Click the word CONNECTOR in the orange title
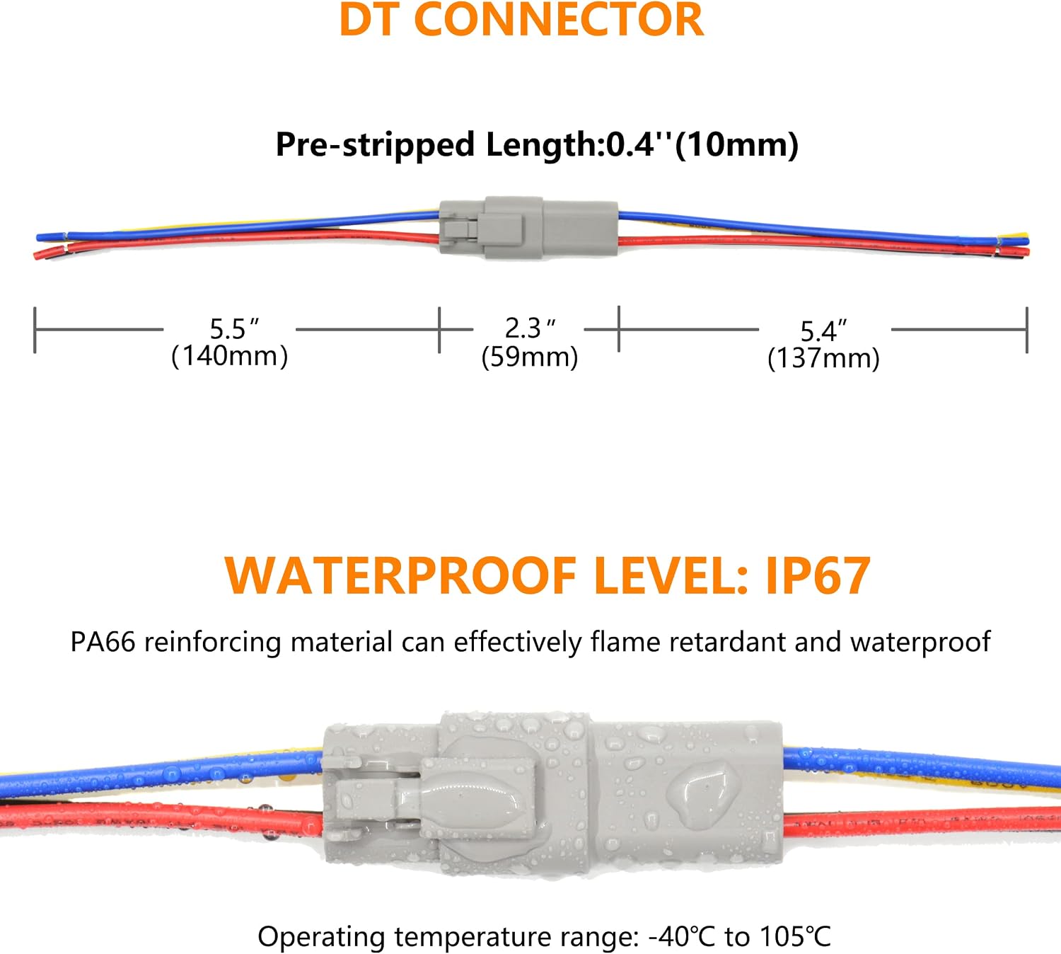559,19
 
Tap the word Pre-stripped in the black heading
375,145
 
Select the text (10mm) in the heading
737,144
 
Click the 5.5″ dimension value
234,329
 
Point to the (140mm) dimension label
230,355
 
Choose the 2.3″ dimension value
530,328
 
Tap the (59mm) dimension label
530,356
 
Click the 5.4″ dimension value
823,331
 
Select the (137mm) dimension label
823,358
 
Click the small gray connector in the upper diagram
528,228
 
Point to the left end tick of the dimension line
35,330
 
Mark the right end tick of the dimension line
1026,330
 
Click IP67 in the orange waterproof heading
818,576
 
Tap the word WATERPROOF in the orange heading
400,576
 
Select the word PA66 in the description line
103,642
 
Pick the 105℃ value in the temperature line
795,936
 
